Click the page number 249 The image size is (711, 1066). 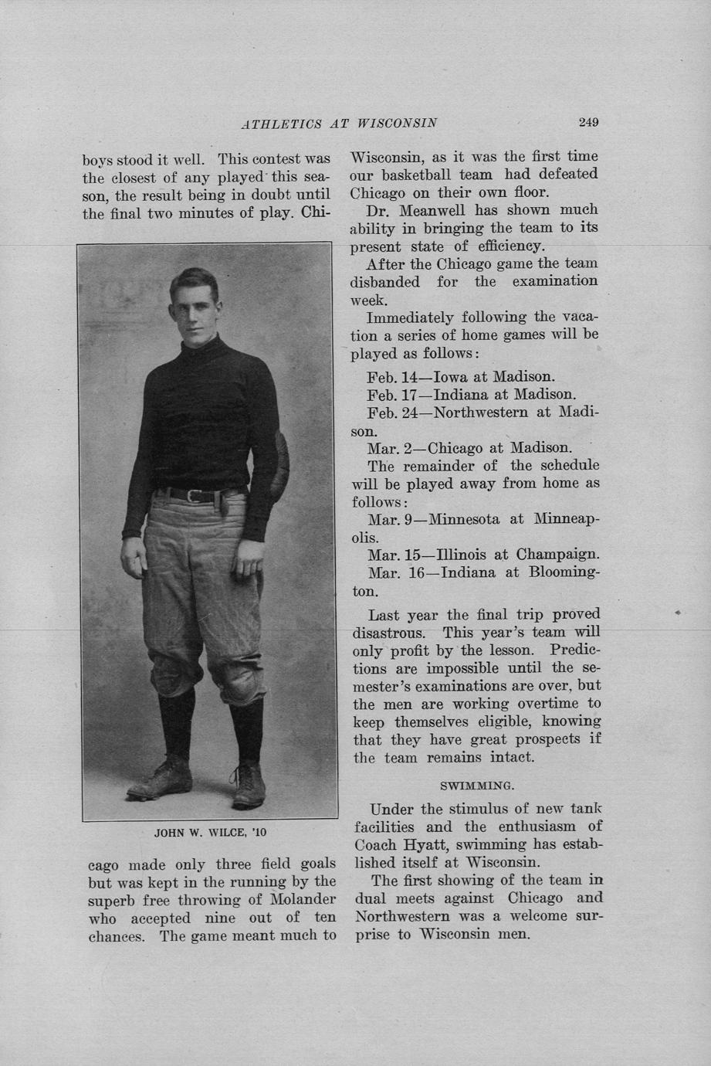tap(588, 122)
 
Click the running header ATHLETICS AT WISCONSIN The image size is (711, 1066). tap(340, 123)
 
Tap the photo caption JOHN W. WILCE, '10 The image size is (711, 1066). tap(210, 833)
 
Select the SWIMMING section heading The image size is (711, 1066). tap(476, 786)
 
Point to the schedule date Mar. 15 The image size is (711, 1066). tap(397, 555)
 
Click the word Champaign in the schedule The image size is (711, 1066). tap(557, 555)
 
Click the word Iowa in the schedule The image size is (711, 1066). tap(451, 377)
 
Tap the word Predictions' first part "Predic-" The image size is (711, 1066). tap(572, 650)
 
